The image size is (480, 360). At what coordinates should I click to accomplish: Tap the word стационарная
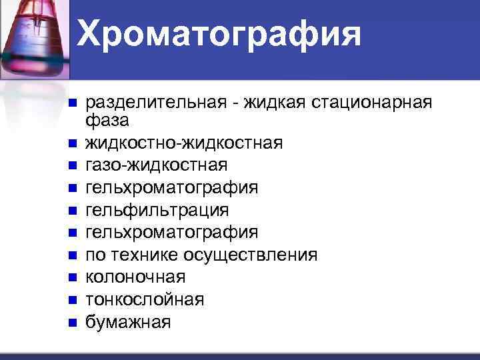click(x=375, y=103)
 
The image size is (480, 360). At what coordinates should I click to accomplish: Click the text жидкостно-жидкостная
click(x=184, y=143)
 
